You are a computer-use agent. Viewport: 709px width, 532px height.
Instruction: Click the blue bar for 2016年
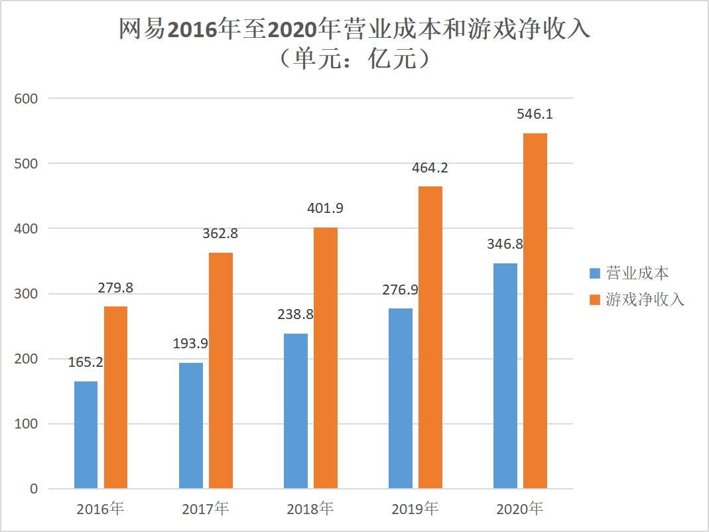tap(86, 434)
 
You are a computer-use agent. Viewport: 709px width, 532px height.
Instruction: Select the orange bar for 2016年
tap(115, 397)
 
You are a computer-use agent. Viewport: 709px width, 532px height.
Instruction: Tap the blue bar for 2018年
tap(295, 411)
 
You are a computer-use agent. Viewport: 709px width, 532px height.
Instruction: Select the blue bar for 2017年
tap(190, 425)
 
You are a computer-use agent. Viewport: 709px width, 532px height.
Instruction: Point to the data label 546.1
tap(535, 114)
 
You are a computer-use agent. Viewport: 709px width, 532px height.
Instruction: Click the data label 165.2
tap(86, 363)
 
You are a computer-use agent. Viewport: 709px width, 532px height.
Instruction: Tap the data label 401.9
tap(325, 208)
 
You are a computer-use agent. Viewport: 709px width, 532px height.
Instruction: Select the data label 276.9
tap(400, 290)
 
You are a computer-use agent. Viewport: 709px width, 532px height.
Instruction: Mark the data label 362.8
tap(220, 233)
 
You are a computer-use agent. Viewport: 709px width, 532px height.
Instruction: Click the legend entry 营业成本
tap(637, 273)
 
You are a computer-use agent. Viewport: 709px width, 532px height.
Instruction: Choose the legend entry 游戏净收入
tap(645, 300)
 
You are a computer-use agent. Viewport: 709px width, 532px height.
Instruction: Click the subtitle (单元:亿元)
tap(354, 60)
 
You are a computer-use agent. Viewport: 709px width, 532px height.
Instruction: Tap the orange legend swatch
tap(595, 300)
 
